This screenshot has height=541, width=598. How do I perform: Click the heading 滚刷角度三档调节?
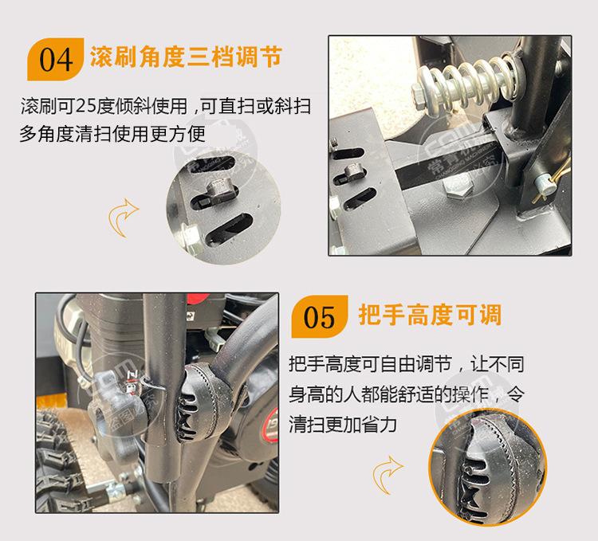(x=186, y=57)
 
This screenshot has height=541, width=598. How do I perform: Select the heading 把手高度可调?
(x=430, y=316)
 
